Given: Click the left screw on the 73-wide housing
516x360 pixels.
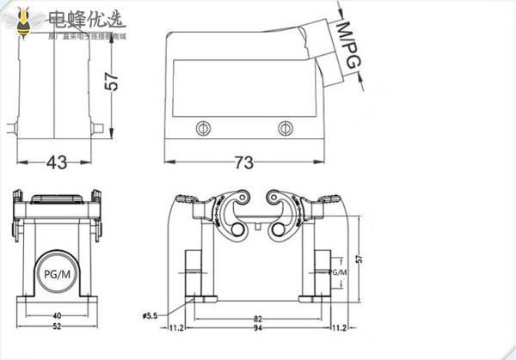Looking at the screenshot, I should coord(203,128).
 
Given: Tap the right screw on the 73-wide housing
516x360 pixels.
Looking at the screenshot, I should coord(285,128).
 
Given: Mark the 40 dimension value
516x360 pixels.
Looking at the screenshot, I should coord(57,315).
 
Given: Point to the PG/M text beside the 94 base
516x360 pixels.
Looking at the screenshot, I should coord(336,272).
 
